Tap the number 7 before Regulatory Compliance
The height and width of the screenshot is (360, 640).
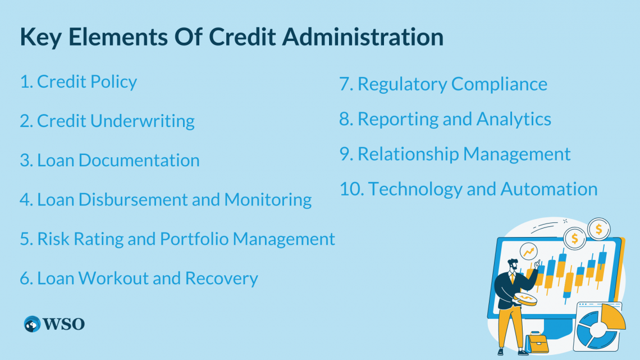(x=345, y=84)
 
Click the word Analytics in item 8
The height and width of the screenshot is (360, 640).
(x=514, y=119)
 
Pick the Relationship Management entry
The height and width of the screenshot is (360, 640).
(x=455, y=154)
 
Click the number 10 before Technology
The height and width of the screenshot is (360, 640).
(x=351, y=189)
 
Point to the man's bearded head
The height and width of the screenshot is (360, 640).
(x=513, y=264)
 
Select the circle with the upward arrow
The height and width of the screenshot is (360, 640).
(x=528, y=252)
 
